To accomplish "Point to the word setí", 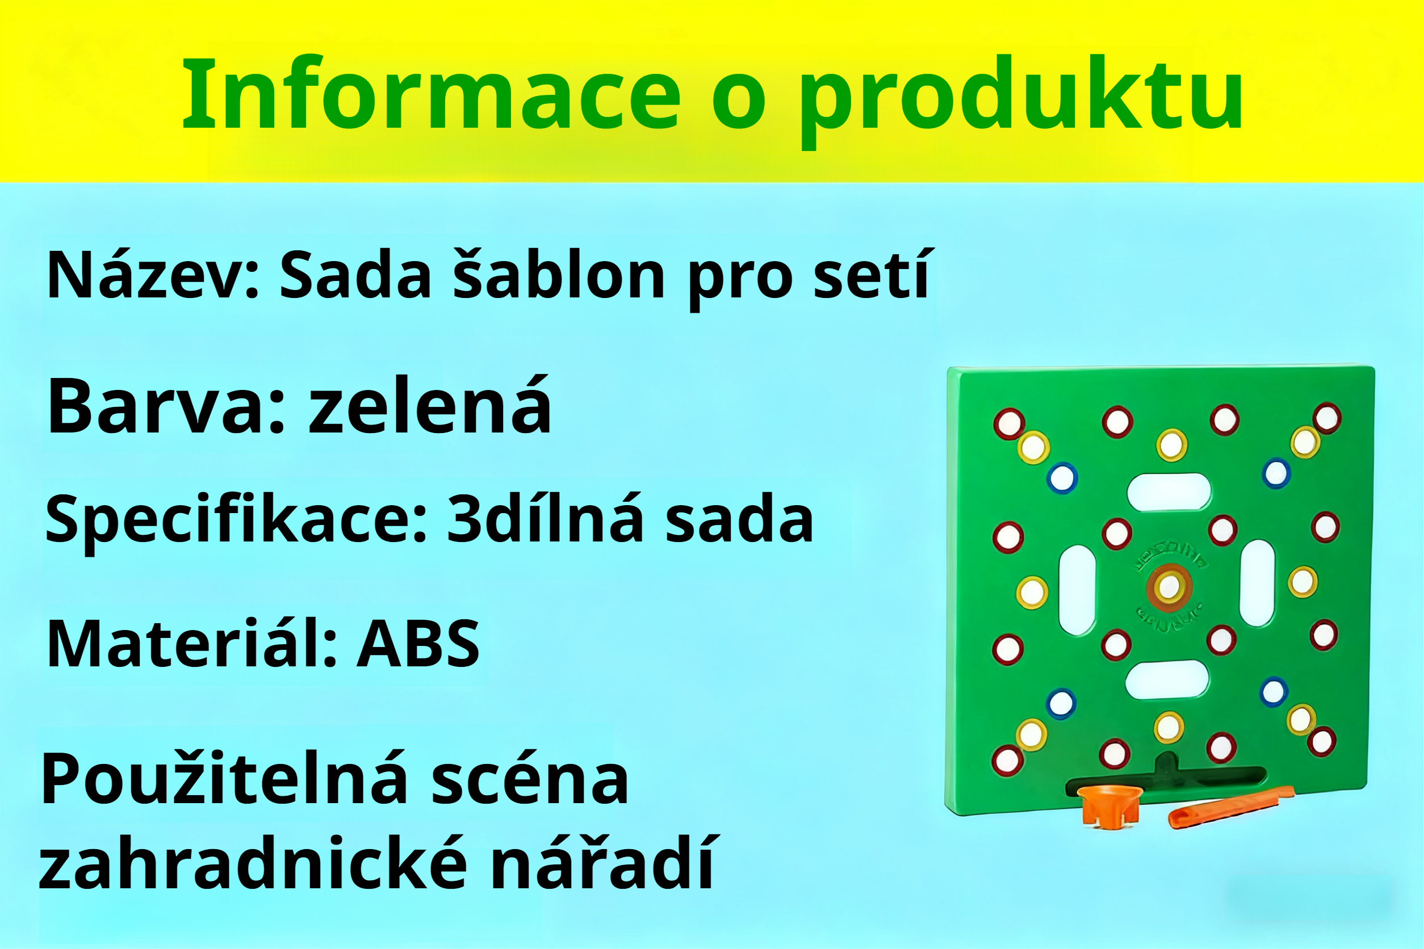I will [x=870, y=275].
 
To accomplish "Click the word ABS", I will [x=418, y=645].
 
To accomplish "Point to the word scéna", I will [x=530, y=781].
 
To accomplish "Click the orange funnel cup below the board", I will [x=1110, y=805].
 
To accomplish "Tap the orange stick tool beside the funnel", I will [x=1229, y=808].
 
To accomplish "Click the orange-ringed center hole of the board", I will [x=1169, y=586].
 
